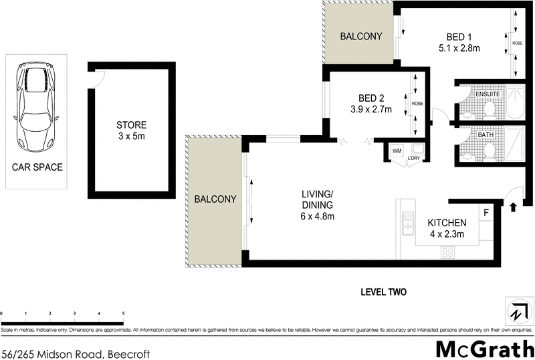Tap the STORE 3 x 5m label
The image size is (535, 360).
[x=131, y=130]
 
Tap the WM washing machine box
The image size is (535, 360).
[x=397, y=151]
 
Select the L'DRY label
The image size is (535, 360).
[x=413, y=158]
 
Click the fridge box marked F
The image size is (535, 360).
[x=486, y=213]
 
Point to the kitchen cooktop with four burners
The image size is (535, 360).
[x=447, y=252]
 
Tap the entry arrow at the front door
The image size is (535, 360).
[x=513, y=207]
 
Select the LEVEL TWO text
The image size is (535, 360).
[x=383, y=292]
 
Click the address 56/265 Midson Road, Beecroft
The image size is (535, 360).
[x=74, y=353]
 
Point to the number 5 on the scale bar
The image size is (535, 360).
[x=123, y=313]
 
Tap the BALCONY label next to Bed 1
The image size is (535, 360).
[x=356, y=36]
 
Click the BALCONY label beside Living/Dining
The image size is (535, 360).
[x=215, y=199]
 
